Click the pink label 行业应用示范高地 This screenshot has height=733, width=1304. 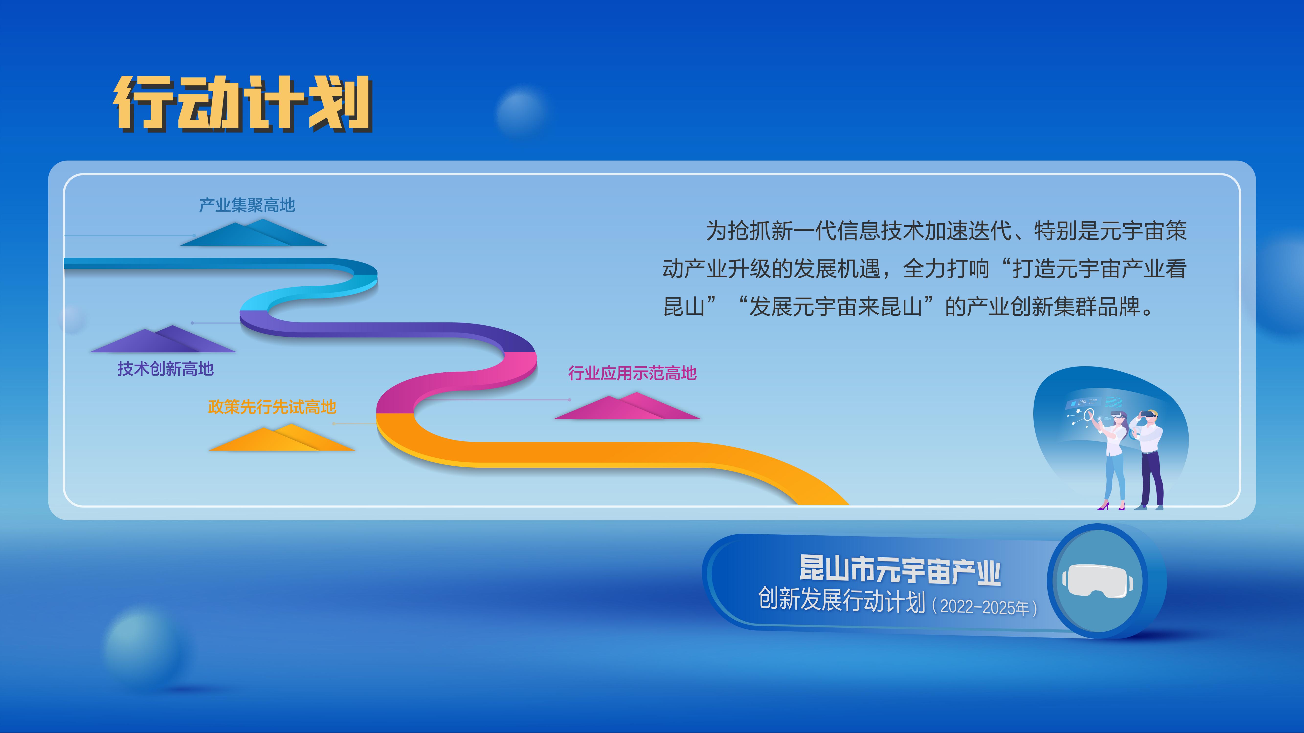632,373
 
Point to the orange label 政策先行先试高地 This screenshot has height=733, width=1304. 272,407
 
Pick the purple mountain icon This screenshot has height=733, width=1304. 163,340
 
